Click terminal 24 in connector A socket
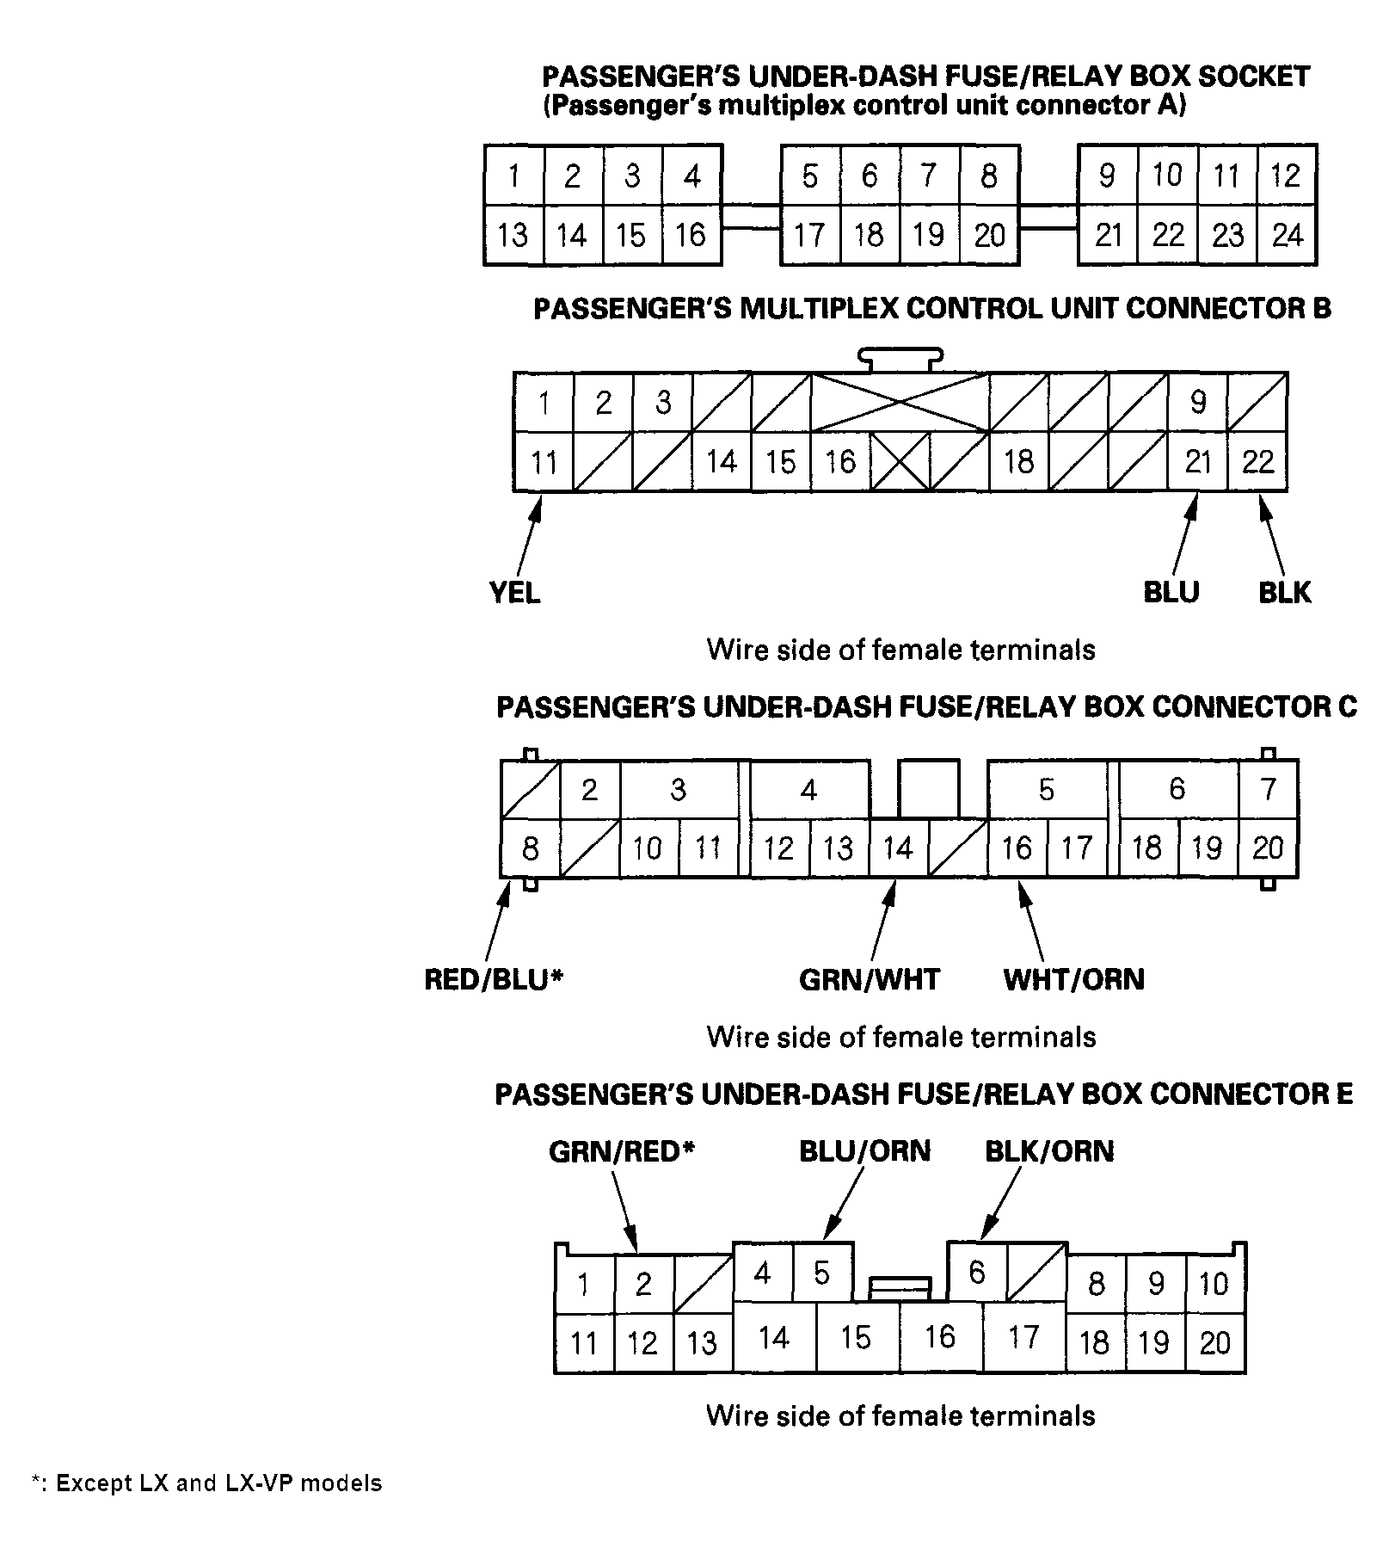point(1287,235)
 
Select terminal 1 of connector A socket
point(513,176)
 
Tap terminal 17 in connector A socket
point(809,235)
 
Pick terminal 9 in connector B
point(1197,402)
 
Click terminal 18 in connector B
point(1018,462)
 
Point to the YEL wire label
point(514,592)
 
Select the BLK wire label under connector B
point(1284,592)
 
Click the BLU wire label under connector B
point(1171,592)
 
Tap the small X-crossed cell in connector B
point(900,462)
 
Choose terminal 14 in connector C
point(898,848)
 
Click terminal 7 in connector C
point(1268,789)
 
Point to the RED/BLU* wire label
point(493,979)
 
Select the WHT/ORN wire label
point(1073,979)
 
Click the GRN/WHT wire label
point(869,979)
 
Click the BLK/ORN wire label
point(1048,1151)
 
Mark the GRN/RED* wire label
point(621,1151)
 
